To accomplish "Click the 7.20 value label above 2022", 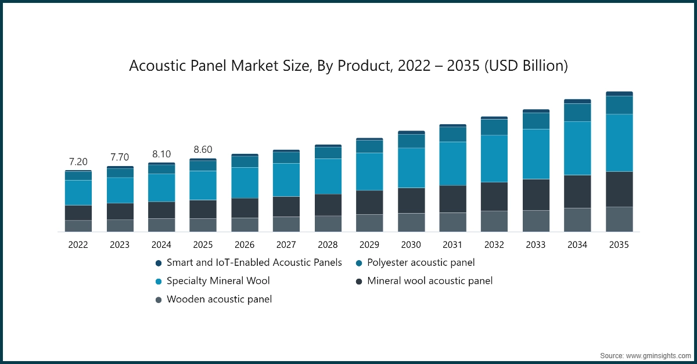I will [x=78, y=161].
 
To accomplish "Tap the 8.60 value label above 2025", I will [x=203, y=149].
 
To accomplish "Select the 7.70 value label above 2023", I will [x=120, y=157].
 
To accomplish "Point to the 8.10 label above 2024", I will [x=161, y=154].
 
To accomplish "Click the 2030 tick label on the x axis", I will [x=411, y=245].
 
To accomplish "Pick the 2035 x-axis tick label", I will [x=619, y=245].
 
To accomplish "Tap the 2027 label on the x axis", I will [x=286, y=245].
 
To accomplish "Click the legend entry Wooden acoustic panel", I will [x=219, y=300].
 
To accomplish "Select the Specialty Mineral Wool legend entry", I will [x=218, y=281].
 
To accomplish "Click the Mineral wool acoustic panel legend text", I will [x=430, y=281].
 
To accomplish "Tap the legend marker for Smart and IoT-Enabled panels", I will [x=158, y=263].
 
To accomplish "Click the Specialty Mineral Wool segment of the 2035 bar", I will [x=619, y=143].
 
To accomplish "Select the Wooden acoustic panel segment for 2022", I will [x=78, y=226].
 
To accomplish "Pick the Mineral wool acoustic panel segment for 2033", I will [x=536, y=194].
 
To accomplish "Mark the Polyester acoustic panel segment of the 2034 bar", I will [x=577, y=113].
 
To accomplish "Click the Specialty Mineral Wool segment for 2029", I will [x=369, y=171].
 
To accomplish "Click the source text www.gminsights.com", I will [x=658, y=355].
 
